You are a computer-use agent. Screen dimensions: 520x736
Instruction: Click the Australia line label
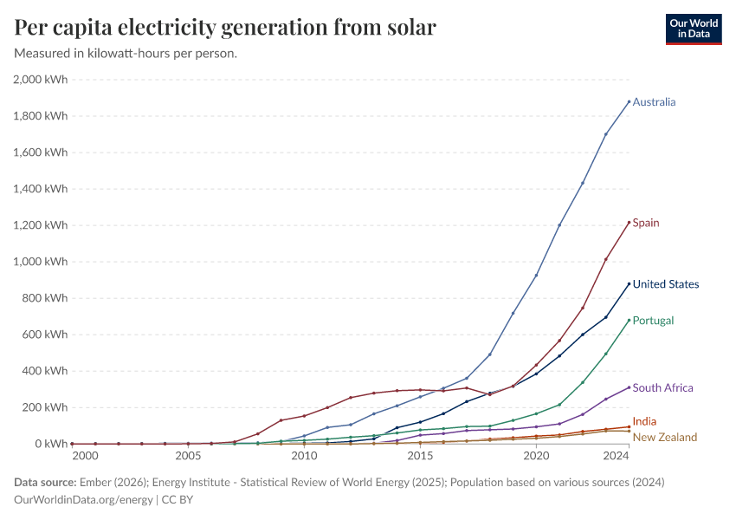point(654,102)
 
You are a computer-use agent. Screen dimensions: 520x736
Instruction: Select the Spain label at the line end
point(645,223)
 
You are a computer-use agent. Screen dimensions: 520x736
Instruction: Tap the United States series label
point(665,284)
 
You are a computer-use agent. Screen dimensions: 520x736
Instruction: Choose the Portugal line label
point(653,321)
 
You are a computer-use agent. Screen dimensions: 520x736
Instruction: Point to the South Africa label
point(662,388)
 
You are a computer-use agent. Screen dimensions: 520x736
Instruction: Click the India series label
point(644,422)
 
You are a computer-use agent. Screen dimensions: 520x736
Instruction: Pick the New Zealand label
point(664,438)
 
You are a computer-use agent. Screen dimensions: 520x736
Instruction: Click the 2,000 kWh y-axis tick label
point(41,80)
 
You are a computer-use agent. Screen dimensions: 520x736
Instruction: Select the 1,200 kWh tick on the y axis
point(41,225)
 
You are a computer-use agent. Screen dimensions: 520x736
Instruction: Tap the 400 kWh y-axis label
point(45,371)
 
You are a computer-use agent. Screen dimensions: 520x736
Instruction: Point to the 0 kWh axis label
point(52,444)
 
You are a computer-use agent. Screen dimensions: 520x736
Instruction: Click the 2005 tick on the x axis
point(188,456)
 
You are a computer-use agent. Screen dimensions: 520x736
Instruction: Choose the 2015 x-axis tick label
point(420,456)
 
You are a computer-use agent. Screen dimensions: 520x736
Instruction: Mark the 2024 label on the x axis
point(617,456)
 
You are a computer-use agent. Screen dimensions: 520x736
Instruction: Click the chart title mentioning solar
point(225,28)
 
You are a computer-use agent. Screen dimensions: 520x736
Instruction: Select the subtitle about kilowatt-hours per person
point(126,54)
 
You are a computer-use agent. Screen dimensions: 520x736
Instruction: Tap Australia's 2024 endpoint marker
point(629,101)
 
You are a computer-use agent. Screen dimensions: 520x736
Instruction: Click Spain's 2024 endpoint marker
point(629,223)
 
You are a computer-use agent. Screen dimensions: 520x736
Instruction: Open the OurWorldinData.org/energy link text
point(83,500)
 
